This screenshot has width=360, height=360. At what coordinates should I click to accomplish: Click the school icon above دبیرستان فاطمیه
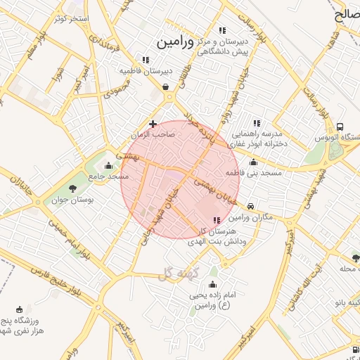click(146, 60)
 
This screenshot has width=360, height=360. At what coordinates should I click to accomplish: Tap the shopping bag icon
click(165, 87)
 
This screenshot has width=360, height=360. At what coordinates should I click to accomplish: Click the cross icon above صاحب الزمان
click(153, 124)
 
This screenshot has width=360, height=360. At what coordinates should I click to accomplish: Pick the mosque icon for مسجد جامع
click(108, 167)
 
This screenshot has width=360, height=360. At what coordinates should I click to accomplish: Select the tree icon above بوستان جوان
click(73, 188)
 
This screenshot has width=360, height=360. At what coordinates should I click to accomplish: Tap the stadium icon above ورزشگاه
click(19, 310)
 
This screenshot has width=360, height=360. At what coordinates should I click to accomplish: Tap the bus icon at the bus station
click(340, 127)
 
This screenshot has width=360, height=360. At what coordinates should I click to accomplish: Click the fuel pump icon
click(352, 349)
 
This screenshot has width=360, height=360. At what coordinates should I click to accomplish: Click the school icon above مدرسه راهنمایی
click(257, 123)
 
